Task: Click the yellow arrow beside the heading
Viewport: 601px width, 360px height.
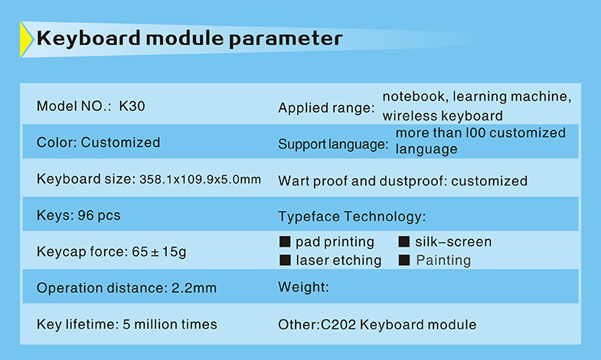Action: pyautogui.click(x=26, y=40)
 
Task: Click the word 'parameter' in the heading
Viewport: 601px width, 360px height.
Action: pyautogui.click(x=286, y=39)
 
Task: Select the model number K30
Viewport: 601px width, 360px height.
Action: pyautogui.click(x=132, y=106)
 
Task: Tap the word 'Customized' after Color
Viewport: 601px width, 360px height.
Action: pyautogui.click(x=120, y=142)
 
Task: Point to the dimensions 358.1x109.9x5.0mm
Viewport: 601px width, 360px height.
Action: pyautogui.click(x=200, y=179)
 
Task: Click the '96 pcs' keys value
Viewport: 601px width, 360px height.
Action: pyautogui.click(x=99, y=215)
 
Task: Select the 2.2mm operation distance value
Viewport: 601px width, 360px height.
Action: pyautogui.click(x=194, y=288)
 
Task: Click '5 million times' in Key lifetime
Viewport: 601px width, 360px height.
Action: pyautogui.click(x=170, y=324)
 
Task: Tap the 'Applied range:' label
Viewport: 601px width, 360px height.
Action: pyautogui.click(x=326, y=108)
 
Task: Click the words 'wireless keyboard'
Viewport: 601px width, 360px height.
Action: pyautogui.click(x=443, y=116)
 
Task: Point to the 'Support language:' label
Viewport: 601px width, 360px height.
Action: pyautogui.click(x=333, y=145)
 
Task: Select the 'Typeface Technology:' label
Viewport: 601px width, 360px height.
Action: pyautogui.click(x=352, y=217)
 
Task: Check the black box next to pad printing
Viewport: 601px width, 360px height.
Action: pyautogui.click(x=285, y=241)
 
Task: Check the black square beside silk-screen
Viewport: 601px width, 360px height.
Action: pyautogui.click(x=404, y=241)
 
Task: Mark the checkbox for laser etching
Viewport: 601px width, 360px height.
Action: pyautogui.click(x=285, y=260)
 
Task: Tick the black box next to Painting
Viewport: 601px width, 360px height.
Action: pyautogui.click(x=404, y=260)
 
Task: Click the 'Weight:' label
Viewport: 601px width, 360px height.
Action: pyautogui.click(x=304, y=287)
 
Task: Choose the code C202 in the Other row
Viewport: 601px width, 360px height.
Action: pyautogui.click(x=338, y=325)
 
